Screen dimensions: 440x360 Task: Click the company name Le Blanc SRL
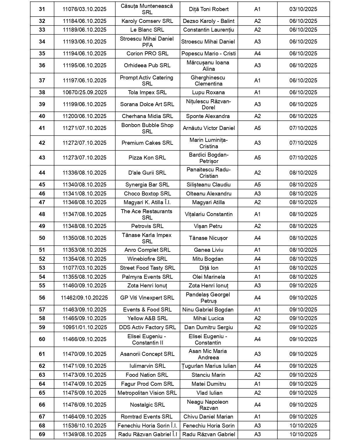[147, 30]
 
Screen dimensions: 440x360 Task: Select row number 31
[42, 9]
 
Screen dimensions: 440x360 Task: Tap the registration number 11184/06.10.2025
[84, 21]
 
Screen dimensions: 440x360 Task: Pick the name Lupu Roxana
[208, 93]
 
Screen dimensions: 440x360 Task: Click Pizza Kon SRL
[147, 158]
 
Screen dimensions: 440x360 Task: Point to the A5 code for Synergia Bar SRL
[258, 185]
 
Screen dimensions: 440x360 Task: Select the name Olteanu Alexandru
[208, 194]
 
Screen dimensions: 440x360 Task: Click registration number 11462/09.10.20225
[84, 298]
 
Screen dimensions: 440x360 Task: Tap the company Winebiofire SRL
[147, 259]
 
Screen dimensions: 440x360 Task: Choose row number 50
[42, 238]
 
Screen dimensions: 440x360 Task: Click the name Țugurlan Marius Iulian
[208, 366]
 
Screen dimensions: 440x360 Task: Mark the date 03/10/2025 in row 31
[303, 9]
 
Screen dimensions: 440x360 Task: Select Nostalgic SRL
[147, 405]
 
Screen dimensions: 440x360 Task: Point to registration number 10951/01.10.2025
[84, 327]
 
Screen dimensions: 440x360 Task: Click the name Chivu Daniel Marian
[208, 417]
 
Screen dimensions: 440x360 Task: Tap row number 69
[42, 434]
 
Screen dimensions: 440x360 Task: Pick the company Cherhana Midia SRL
[147, 116]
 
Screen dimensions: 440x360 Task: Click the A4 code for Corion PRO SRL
[258, 54]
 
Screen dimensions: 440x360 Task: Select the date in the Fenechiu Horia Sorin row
[303, 426]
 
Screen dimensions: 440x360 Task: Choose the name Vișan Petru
[208, 226]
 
